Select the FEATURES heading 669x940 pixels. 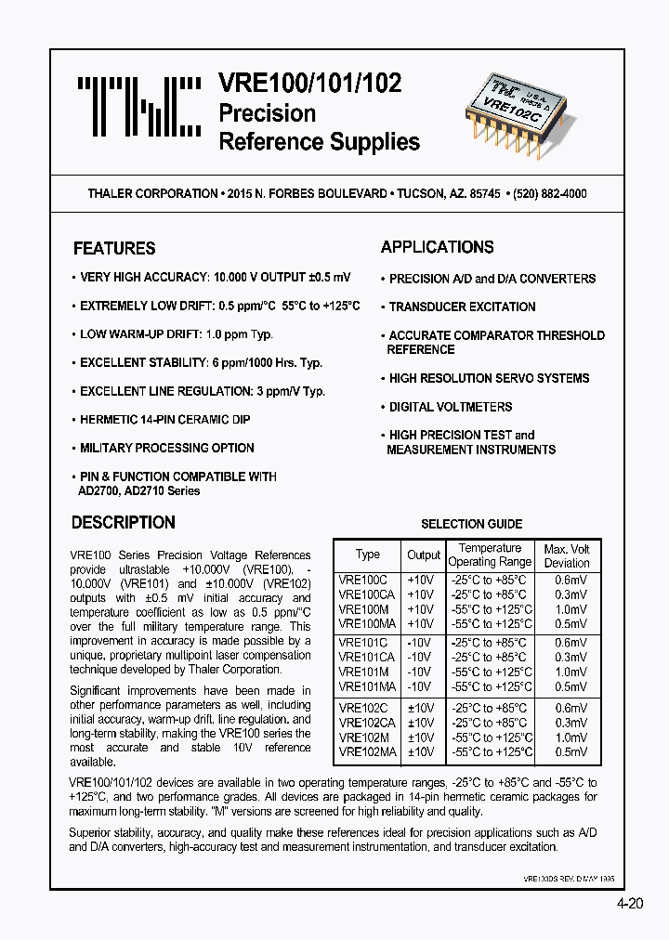[114, 249]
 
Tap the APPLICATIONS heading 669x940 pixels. [437, 247]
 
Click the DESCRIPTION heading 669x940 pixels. [123, 523]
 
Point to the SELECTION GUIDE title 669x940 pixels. [471, 524]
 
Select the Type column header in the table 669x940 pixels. [367, 555]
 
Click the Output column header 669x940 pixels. [423, 555]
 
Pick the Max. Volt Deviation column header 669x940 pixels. [566, 555]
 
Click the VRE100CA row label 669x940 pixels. [367, 594]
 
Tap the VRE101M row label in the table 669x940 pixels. [364, 672]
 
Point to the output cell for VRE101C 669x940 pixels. [420, 643]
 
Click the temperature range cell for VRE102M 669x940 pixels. [491, 738]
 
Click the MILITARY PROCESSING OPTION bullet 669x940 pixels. [166, 448]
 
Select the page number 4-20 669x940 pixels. [628, 906]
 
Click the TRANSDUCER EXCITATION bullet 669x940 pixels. [462, 307]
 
